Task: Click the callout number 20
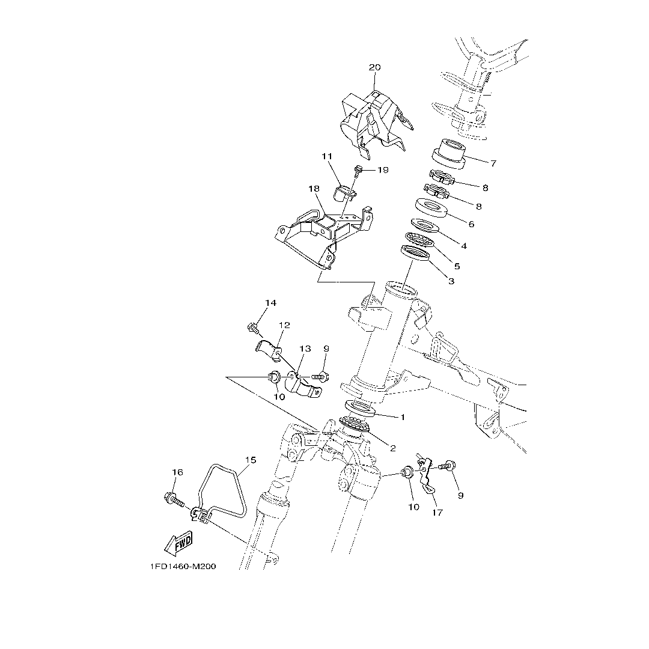(x=374, y=67)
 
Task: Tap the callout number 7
(x=493, y=163)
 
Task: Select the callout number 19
(x=382, y=170)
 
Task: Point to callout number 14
(x=270, y=303)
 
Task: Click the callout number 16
(x=177, y=473)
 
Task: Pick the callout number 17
(x=437, y=513)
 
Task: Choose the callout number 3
(x=451, y=281)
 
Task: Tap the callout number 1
(x=403, y=416)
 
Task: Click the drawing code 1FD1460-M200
(x=183, y=567)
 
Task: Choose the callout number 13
(x=305, y=349)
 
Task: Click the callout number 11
(x=327, y=156)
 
